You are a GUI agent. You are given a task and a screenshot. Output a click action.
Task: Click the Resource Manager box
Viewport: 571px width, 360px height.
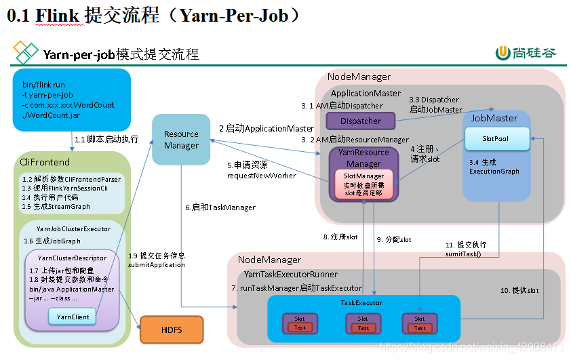pyautogui.click(x=181, y=140)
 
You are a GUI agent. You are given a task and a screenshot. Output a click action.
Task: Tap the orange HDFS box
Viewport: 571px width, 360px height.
pyautogui.click(x=171, y=330)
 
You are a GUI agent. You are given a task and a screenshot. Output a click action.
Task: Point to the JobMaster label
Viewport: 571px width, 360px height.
pyautogui.click(x=494, y=118)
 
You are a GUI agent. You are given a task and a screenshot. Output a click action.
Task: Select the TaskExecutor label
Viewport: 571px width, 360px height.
pyautogui.click(x=361, y=302)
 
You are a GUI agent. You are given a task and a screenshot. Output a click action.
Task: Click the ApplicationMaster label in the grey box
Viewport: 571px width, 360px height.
pyautogui.click(x=366, y=92)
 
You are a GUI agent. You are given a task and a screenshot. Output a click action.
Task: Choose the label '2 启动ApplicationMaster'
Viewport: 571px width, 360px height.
pyautogui.click(x=266, y=128)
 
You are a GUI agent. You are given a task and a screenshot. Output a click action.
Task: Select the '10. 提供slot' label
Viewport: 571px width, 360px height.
pyautogui.click(x=520, y=290)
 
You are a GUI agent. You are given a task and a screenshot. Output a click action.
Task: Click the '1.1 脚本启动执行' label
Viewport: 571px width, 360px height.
pyautogui.click(x=106, y=139)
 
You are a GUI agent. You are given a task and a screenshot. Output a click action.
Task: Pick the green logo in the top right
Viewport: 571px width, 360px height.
pyautogui.click(x=503, y=54)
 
